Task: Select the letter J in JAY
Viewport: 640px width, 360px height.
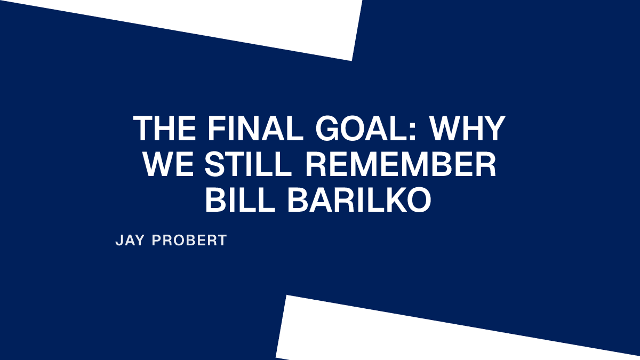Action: pyautogui.click(x=119, y=240)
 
